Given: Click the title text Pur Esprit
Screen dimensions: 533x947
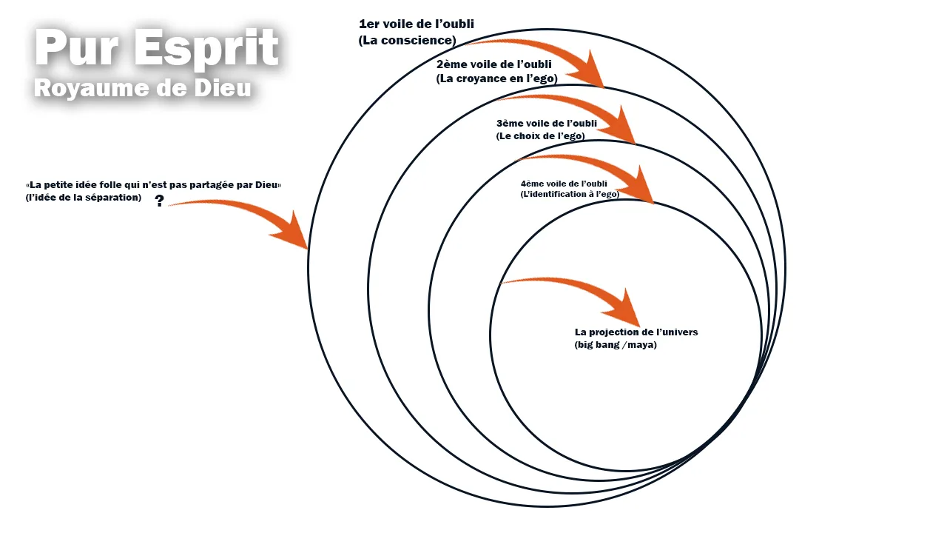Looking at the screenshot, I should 156,49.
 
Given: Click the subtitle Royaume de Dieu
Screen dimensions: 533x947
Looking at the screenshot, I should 143,88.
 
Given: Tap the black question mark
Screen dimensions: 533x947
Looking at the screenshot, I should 159,201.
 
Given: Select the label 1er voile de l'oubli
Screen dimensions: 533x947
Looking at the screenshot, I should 416,24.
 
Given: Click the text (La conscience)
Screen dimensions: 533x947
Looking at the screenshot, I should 407,40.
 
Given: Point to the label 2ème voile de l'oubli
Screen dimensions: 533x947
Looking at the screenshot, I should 493,64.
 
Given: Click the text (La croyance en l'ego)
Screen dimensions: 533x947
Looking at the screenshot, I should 496,78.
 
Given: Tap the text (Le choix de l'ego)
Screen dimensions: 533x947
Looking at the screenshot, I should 540,136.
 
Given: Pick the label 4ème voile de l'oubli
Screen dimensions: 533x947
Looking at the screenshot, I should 564,183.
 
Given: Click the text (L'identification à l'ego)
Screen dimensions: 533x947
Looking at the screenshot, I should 570,194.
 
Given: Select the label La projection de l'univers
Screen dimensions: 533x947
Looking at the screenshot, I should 636,332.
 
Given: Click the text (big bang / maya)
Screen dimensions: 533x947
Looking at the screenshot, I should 616,345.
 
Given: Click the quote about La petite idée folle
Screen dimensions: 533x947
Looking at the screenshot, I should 153,184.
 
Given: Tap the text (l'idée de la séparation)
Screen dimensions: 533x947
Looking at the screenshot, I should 83,197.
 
